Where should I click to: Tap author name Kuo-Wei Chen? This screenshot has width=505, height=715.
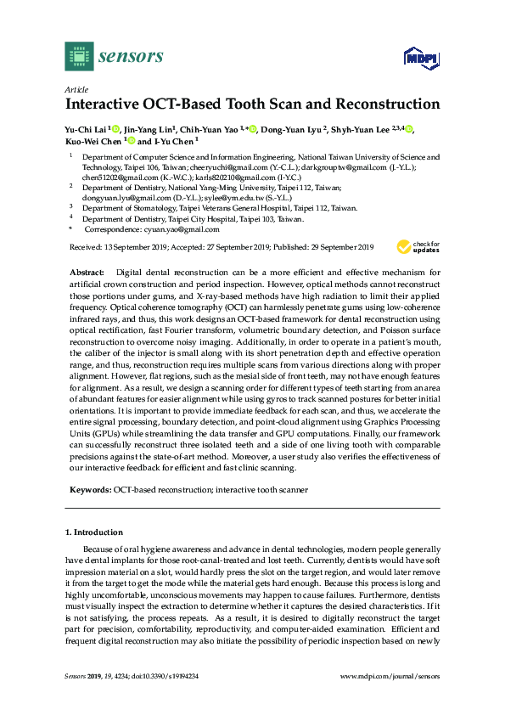[93, 142]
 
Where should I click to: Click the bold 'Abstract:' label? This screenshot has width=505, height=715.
[86, 271]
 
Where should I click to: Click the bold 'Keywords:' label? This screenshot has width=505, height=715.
[89, 491]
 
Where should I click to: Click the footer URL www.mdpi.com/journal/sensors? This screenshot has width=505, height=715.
[390, 676]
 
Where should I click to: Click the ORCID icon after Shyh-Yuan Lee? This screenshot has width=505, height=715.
[409, 129]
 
